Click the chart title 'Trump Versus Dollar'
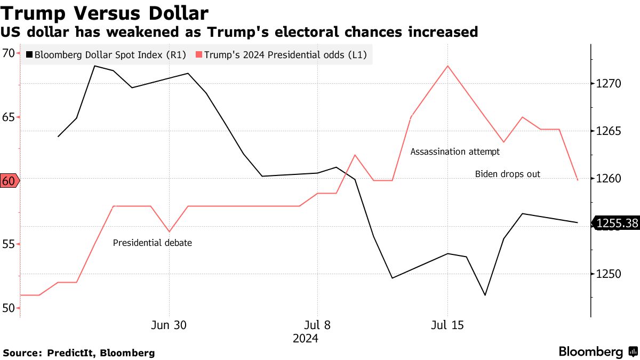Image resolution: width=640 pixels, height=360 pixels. (x=105, y=12)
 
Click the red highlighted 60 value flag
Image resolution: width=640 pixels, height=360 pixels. (x=9, y=181)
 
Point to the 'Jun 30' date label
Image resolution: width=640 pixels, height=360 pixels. (x=169, y=325)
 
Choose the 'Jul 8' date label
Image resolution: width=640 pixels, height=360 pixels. (x=318, y=325)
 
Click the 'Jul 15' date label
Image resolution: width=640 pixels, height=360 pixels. (x=447, y=325)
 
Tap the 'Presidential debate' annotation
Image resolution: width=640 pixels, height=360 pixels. (x=152, y=243)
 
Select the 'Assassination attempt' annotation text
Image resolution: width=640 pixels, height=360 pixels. (x=455, y=151)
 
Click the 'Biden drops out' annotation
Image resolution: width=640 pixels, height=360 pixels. (x=507, y=174)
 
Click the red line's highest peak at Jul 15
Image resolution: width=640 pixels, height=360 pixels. (x=447, y=66)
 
